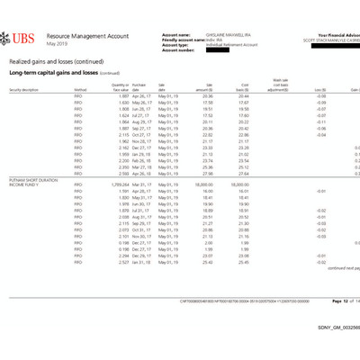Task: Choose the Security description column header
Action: tap(24, 90)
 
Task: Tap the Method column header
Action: tap(79, 90)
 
